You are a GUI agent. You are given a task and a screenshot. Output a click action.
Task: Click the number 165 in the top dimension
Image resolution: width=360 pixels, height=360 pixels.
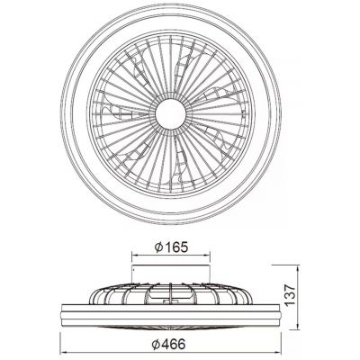pyautogui.click(x=176, y=247)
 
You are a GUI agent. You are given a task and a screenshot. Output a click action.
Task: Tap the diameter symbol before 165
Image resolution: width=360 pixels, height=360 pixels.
pyautogui.click(x=158, y=247)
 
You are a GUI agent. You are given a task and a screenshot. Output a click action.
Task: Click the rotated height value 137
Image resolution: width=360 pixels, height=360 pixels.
pyautogui.click(x=290, y=295)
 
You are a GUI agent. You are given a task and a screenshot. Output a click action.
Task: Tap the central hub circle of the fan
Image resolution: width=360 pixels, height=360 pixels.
pyautogui.click(x=171, y=114)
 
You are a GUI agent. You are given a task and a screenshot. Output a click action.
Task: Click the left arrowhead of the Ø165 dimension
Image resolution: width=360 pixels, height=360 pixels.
pyautogui.click(x=135, y=256)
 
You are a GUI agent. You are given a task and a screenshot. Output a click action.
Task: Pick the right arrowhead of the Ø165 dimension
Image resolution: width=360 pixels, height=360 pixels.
pyautogui.click(x=207, y=256)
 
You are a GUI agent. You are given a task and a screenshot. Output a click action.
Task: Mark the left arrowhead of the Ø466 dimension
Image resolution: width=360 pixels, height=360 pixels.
pyautogui.click(x=63, y=353)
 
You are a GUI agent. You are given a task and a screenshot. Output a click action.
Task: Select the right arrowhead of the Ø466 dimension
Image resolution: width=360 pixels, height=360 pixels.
pyautogui.click(x=277, y=353)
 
